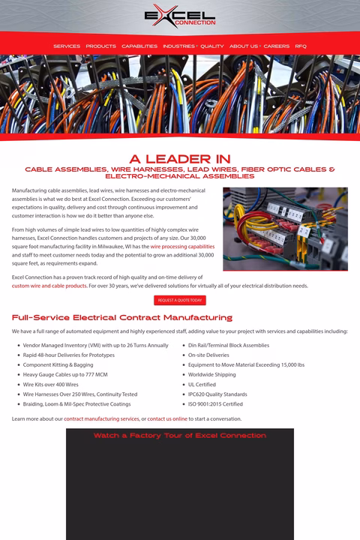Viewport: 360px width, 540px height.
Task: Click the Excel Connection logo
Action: coord(180,16)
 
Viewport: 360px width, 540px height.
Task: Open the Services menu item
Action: coord(67,46)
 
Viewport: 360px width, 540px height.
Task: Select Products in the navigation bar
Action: coord(100,46)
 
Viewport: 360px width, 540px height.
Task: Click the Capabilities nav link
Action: coord(139,46)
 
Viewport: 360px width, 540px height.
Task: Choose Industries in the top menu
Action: coord(178,46)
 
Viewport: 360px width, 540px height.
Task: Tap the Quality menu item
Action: coord(212,46)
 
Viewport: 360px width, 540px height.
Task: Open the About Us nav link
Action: coord(243,46)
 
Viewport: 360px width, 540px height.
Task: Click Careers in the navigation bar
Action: coord(277,46)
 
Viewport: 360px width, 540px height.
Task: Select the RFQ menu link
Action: coord(301,46)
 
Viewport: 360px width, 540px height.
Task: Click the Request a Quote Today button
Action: coord(180,300)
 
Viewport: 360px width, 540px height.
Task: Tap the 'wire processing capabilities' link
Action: coord(182,246)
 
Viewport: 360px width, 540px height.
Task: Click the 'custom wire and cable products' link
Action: coord(49,286)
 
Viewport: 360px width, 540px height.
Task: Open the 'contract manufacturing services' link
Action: coord(101,418)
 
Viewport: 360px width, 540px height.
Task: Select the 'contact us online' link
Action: coord(167,418)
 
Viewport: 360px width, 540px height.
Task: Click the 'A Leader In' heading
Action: coord(180,159)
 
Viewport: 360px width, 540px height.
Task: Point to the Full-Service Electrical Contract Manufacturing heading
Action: coord(122,317)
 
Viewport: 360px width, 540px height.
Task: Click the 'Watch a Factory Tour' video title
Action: coord(180,435)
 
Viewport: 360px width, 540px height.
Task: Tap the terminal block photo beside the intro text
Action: coord(285,229)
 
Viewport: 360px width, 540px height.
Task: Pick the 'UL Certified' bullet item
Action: coord(202,384)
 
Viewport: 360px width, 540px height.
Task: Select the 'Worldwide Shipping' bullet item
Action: coord(211,374)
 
